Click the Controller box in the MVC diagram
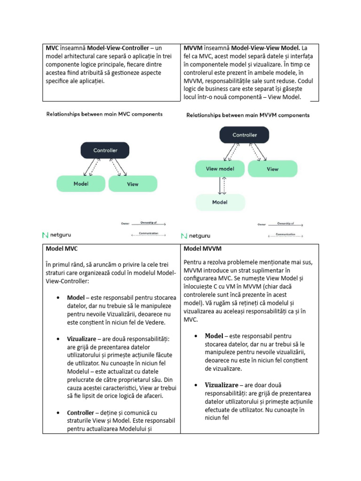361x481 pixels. click(105, 150)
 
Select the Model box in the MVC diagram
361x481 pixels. click(81, 184)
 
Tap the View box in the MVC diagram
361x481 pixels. click(133, 184)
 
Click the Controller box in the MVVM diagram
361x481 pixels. click(244, 135)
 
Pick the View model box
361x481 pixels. click(220, 169)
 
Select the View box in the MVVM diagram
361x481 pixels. click(273, 169)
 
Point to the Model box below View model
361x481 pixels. click(220, 202)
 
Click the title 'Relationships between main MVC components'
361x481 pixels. click(104, 114)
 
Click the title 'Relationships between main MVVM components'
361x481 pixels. click(248, 115)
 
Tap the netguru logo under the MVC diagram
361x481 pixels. click(57, 234)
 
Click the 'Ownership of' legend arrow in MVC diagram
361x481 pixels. click(149, 225)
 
